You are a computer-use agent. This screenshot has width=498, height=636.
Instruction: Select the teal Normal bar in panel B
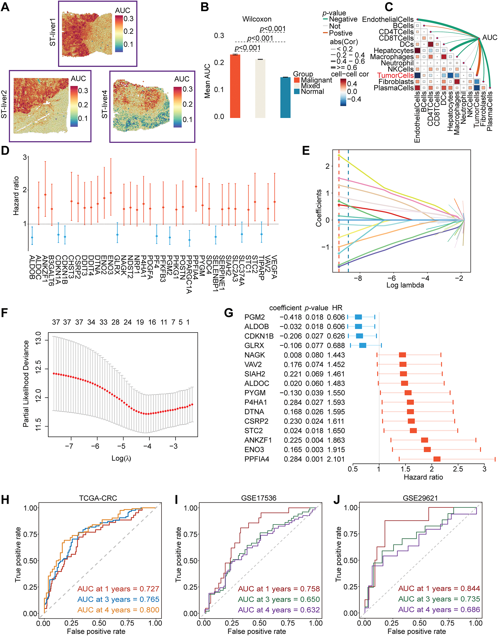click(285, 97)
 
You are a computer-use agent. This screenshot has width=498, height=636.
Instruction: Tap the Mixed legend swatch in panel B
click(297, 86)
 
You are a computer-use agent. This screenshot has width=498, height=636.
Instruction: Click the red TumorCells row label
click(395, 76)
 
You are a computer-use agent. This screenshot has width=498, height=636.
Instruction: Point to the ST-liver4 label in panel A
click(104, 104)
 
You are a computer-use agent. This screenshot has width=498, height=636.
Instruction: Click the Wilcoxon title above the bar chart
click(257, 19)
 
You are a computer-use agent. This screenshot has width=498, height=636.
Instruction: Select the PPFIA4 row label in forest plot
click(257, 459)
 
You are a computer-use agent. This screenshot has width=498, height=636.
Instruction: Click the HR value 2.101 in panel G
click(336, 459)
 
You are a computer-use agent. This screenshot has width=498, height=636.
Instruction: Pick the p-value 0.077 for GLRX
click(314, 346)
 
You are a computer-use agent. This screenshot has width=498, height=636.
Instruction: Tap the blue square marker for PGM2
click(358, 317)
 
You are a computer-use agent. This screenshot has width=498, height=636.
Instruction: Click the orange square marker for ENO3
click(427, 449)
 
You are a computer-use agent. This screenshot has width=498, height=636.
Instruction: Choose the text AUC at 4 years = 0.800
click(118, 610)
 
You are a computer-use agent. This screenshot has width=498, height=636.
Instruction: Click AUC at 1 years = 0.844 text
click(439, 588)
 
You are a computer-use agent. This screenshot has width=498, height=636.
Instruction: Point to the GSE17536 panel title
click(259, 498)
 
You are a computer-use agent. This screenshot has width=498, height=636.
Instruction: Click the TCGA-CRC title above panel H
click(98, 498)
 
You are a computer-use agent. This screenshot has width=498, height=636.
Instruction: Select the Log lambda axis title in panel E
click(405, 285)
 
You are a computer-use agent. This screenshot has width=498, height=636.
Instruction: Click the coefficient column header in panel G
click(285, 308)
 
